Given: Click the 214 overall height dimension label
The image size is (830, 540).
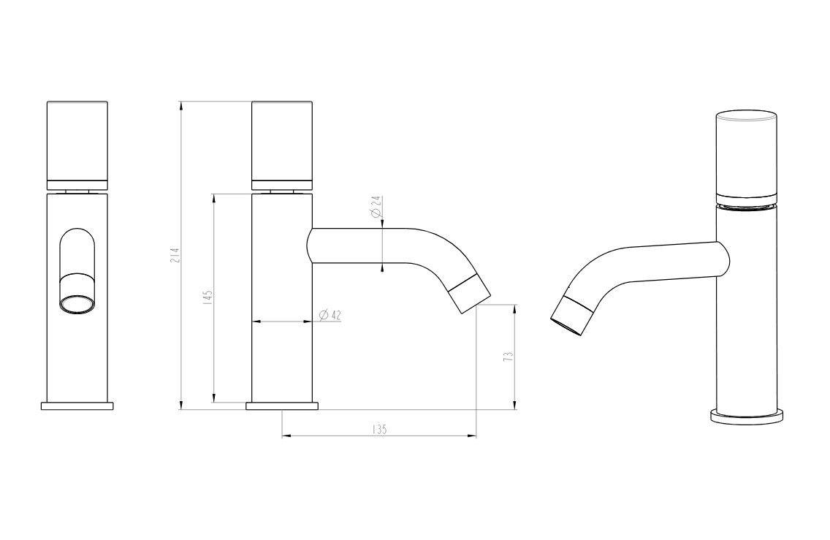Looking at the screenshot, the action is pyautogui.click(x=177, y=255).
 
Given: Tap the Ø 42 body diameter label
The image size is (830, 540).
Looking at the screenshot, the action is pyautogui.click(x=330, y=315).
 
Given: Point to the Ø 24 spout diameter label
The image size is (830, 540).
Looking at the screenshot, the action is pyautogui.click(x=376, y=207).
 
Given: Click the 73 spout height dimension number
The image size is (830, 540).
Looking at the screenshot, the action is pyautogui.click(x=509, y=357).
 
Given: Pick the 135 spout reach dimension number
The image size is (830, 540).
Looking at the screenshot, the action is pyautogui.click(x=379, y=430).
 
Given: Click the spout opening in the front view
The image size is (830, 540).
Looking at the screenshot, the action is pyautogui.click(x=77, y=305).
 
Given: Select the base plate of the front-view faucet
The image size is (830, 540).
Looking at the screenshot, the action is pyautogui.click(x=77, y=406).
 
